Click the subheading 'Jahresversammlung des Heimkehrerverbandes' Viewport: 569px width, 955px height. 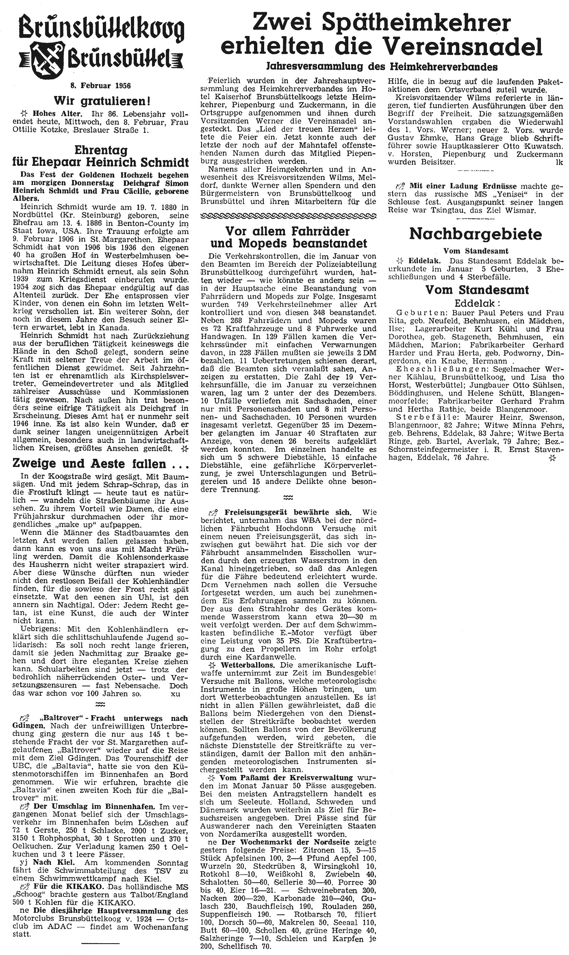[382, 66]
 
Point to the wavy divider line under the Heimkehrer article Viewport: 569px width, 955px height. [288, 215]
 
